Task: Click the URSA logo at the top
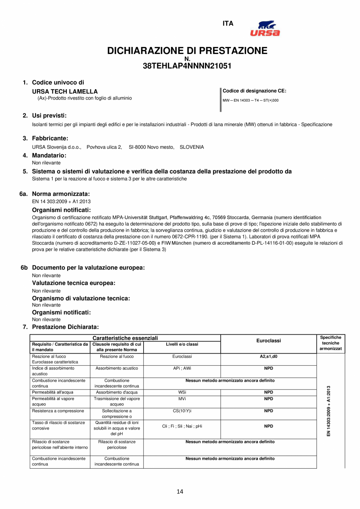tap(265, 28)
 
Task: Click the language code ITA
tap(228, 23)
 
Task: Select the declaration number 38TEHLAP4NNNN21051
tap(187, 66)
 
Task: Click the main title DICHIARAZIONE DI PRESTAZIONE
tap(187, 51)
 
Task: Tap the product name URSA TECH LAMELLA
tap(65, 92)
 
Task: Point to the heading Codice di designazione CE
tap(254, 91)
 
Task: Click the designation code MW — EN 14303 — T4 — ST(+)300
tap(250, 100)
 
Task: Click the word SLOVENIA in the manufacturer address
tap(192, 147)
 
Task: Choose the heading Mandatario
tap(49, 155)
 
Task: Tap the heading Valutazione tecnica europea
tap(74, 283)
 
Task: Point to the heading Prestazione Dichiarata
tap(65, 327)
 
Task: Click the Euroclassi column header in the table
tap(268, 341)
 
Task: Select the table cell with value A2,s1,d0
tap(268, 357)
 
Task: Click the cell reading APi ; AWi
tap(182, 368)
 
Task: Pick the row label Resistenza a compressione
tap(58, 411)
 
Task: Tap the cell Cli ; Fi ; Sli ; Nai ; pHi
tap(182, 426)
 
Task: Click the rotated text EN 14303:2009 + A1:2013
tap(329, 411)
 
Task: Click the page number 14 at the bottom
tap(180, 492)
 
